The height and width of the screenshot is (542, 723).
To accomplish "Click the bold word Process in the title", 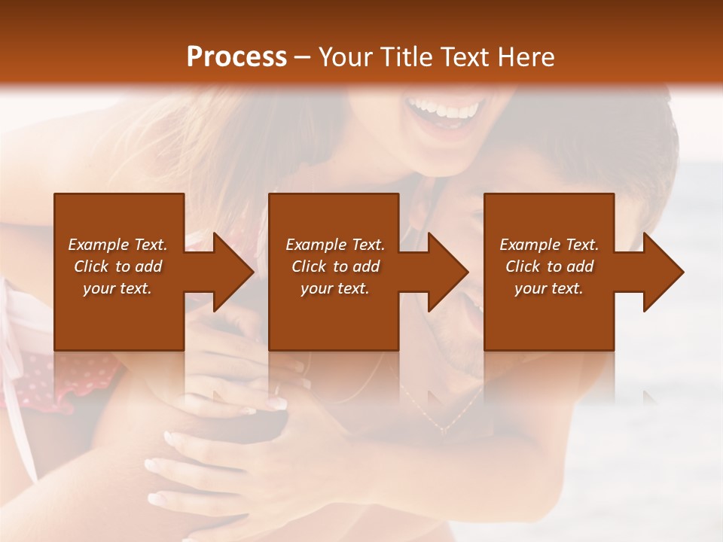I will tap(236, 56).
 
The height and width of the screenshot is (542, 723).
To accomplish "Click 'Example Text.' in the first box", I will tap(117, 245).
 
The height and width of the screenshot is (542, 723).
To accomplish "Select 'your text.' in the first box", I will tap(117, 288).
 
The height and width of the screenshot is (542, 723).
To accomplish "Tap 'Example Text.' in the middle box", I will tap(335, 245).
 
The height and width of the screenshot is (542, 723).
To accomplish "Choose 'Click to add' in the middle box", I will tap(335, 266).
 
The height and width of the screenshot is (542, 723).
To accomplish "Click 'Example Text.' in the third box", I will tap(549, 245).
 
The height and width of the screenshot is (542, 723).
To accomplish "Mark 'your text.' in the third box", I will tap(549, 288).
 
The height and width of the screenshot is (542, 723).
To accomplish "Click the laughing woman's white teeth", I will tap(444, 111).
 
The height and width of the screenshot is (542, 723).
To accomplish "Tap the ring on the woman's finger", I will tap(277, 388).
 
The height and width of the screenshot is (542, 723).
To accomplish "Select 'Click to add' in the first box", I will tap(117, 266).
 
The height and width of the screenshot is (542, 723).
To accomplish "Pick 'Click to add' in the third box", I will tap(549, 266).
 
